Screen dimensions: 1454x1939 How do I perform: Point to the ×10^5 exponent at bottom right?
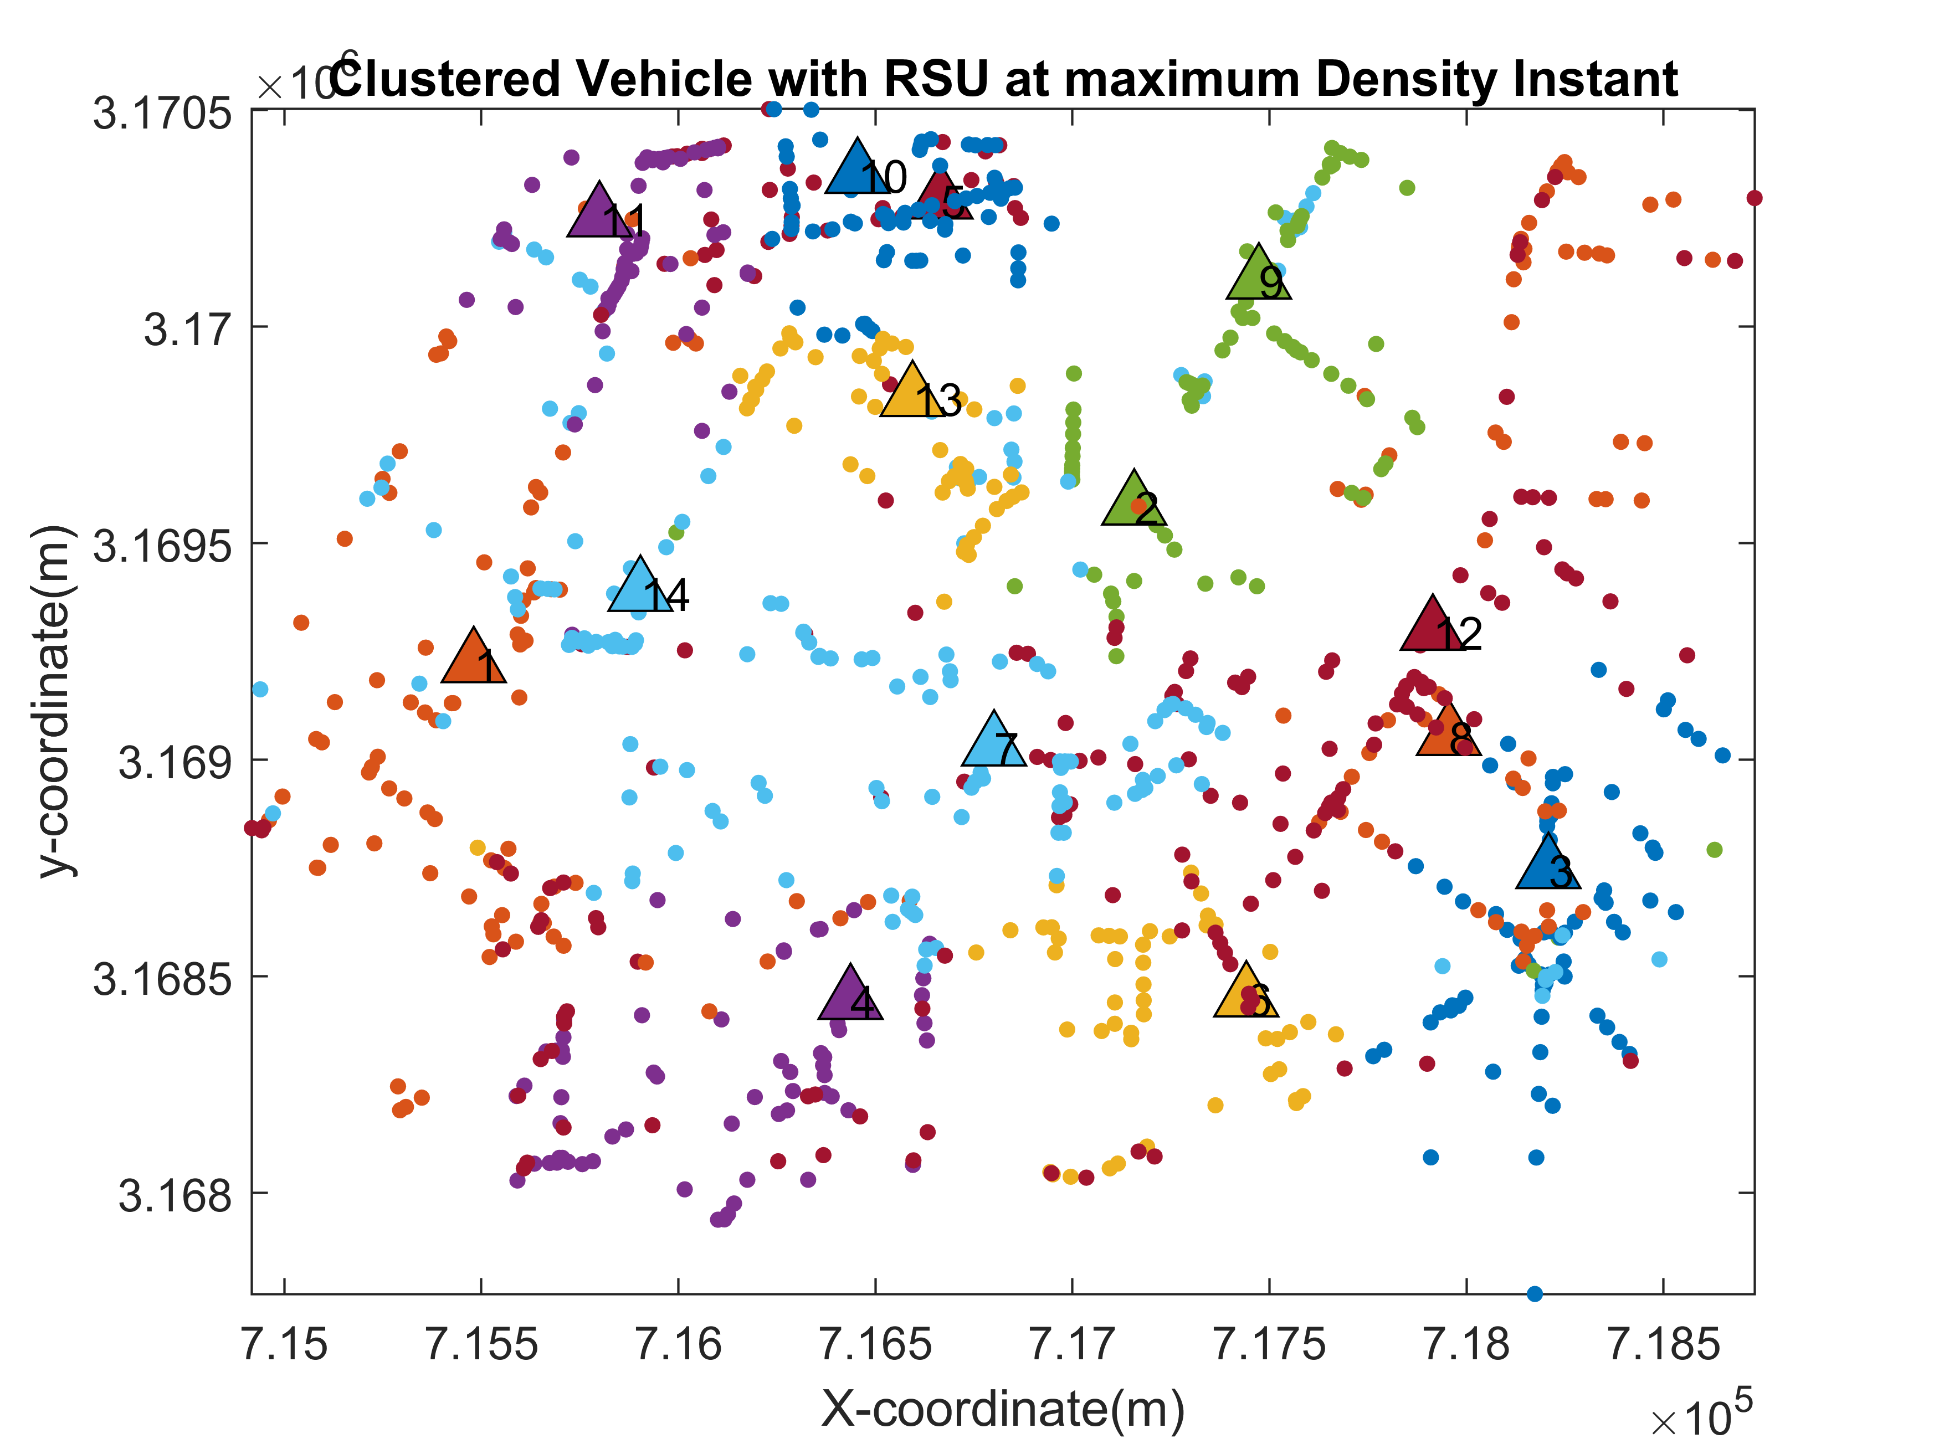click(1701, 1415)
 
